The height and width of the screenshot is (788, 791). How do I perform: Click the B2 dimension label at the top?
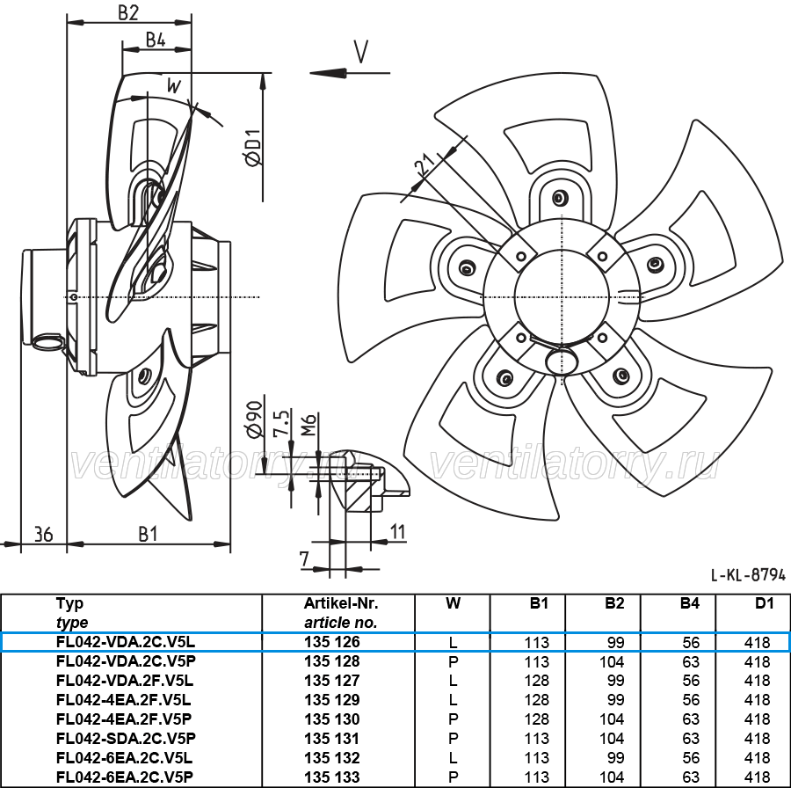pyautogui.click(x=128, y=12)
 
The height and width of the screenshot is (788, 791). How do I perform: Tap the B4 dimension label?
pyautogui.click(x=156, y=40)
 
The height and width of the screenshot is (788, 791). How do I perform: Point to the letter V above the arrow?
pyautogui.click(x=361, y=52)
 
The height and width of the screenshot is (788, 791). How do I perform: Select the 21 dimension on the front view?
pyautogui.click(x=424, y=164)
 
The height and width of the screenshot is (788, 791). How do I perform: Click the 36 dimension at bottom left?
pyautogui.click(x=43, y=534)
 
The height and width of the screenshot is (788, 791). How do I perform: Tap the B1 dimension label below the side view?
pyautogui.click(x=148, y=534)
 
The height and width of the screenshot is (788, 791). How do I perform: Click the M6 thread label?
pyautogui.click(x=308, y=425)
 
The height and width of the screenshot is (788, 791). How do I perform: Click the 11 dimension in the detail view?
pyautogui.click(x=398, y=531)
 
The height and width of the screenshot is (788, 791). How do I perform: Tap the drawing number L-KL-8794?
pyautogui.click(x=748, y=574)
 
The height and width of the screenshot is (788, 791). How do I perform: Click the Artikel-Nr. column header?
pyautogui.click(x=341, y=603)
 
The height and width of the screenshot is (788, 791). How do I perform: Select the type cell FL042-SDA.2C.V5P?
pyautogui.click(x=126, y=739)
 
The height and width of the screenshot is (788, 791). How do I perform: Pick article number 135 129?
pyautogui.click(x=332, y=700)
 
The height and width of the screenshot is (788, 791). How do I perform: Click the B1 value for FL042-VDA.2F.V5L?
pyautogui.click(x=536, y=681)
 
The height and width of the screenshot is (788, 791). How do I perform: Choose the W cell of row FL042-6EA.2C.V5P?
pyautogui.click(x=453, y=777)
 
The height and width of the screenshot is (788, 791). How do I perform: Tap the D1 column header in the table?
pyautogui.click(x=765, y=603)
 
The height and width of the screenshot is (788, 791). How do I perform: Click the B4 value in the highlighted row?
pyautogui.click(x=691, y=643)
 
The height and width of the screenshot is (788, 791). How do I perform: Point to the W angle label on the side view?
pyautogui.click(x=173, y=86)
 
